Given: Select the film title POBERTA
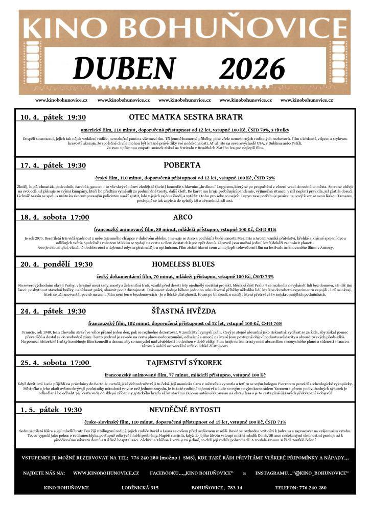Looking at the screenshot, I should click(x=182, y=165).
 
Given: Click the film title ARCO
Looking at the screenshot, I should click(x=182, y=217).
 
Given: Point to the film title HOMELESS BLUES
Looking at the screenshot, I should click(x=183, y=264).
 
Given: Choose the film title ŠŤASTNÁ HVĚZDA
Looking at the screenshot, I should click(x=183, y=311).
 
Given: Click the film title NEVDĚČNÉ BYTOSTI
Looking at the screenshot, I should click(x=184, y=410).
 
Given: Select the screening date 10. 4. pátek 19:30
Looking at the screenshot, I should click(x=53, y=117).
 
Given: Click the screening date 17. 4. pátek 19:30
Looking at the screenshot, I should click(x=53, y=166).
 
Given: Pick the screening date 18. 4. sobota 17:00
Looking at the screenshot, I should click(x=55, y=218).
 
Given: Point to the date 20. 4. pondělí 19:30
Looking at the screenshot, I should click(x=56, y=265).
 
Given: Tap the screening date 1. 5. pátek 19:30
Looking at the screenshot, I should click(x=51, y=410).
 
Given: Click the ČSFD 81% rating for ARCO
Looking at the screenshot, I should click(x=265, y=229).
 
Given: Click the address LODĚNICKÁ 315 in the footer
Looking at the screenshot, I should click(x=140, y=488).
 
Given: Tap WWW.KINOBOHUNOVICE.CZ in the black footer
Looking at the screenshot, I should click(x=106, y=473).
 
